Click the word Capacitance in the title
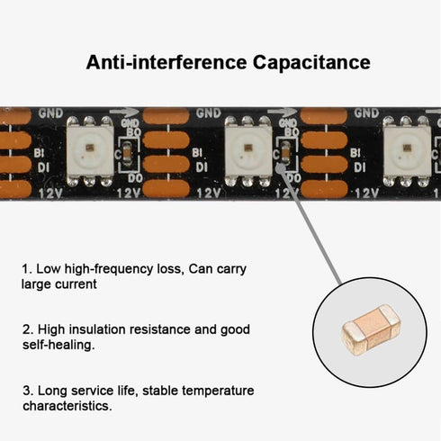coord(311,63)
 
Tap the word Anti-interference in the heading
coord(166,62)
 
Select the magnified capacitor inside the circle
coord(372,330)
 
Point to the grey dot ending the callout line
coord(281,166)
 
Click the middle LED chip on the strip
coord(247,151)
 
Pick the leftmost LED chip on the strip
coord(90,151)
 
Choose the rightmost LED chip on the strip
coord(407,151)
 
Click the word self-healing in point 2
coord(58,345)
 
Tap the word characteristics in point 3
coord(67,406)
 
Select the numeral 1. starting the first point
coord(26,269)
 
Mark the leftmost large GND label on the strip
coord(51,113)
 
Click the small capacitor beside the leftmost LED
coord(128,154)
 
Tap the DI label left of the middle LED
coord(202,167)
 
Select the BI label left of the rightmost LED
coord(355,153)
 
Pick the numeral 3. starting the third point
coord(28,391)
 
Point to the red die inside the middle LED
coord(248,148)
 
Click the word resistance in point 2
coord(160,329)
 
